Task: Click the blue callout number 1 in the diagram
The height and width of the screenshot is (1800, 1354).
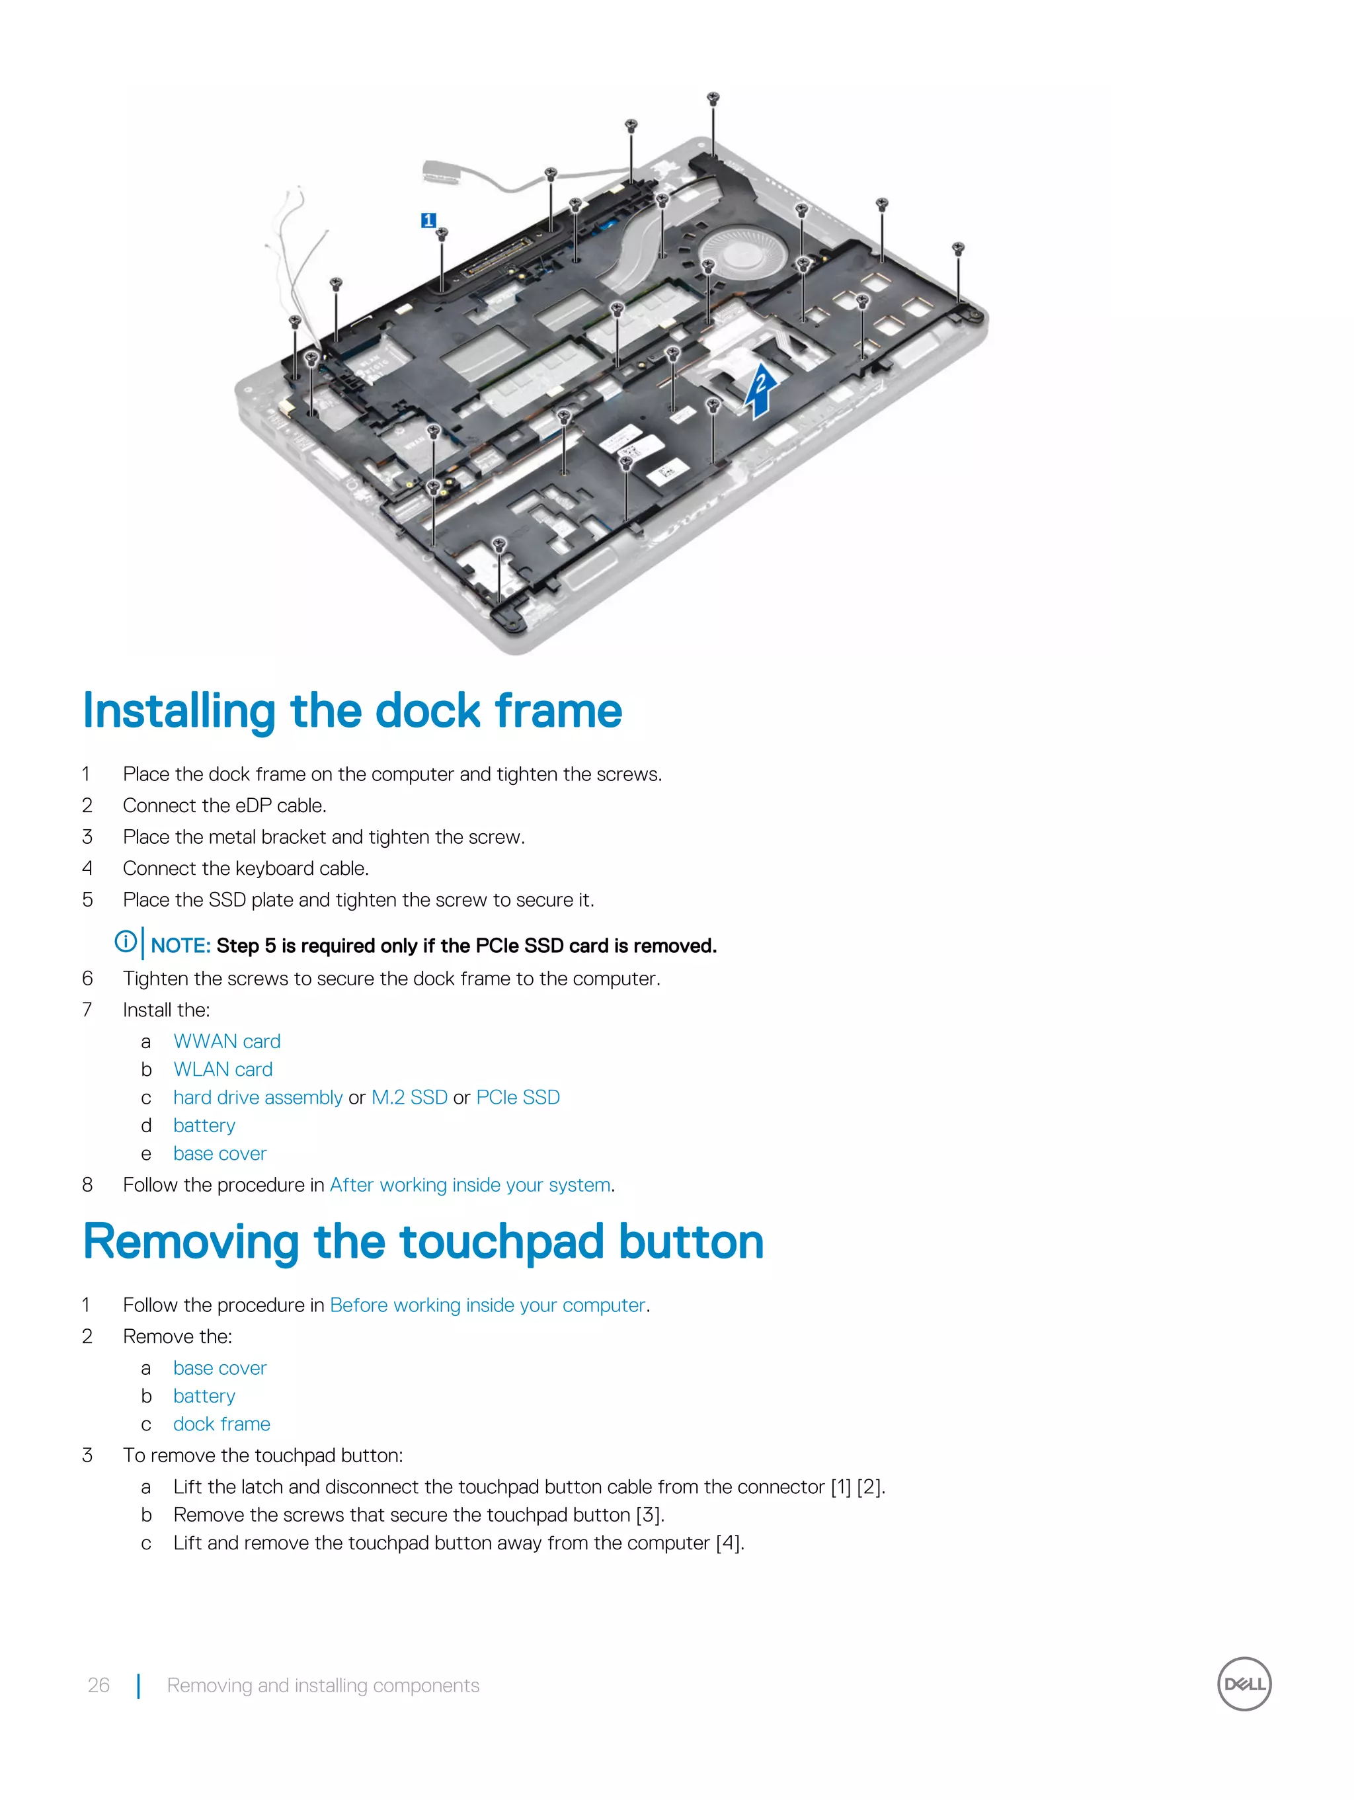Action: click(x=428, y=220)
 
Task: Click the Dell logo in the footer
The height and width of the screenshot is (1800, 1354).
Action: click(x=1244, y=1684)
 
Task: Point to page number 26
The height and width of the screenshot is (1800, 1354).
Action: click(x=99, y=1685)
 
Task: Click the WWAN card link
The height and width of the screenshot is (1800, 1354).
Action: click(x=226, y=1042)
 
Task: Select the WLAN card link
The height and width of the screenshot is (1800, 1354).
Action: click(x=222, y=1069)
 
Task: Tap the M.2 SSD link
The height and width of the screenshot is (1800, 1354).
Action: click(x=409, y=1098)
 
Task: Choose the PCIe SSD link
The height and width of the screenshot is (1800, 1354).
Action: click(x=518, y=1098)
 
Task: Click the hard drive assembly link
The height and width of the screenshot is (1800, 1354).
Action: click(x=257, y=1098)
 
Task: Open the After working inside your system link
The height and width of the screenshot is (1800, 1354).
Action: click(x=469, y=1186)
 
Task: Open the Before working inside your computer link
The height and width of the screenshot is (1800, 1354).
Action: click(x=487, y=1305)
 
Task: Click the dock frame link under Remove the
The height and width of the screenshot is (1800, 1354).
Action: click(x=221, y=1424)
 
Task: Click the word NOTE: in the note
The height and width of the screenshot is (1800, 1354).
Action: click(x=180, y=946)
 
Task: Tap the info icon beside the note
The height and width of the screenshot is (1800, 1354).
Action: click(x=126, y=942)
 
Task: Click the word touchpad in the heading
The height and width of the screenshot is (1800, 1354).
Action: click(x=501, y=1243)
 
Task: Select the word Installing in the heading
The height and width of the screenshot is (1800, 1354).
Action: click(x=179, y=712)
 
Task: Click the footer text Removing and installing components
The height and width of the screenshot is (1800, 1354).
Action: click(x=323, y=1685)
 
